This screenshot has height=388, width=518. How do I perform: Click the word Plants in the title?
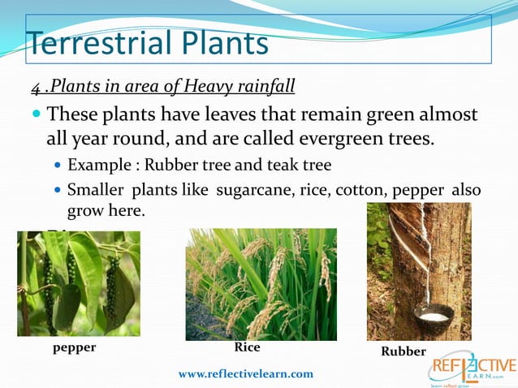[218, 42]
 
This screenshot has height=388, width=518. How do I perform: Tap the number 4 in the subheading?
[36, 87]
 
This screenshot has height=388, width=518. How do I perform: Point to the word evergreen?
[302, 138]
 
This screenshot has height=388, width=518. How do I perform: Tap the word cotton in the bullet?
[386, 189]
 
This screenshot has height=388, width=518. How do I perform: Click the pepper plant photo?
[78, 283]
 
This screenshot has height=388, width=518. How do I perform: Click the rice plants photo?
[261, 283]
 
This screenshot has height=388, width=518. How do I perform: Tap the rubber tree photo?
[418, 271]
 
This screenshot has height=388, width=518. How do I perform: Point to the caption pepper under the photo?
[75, 347]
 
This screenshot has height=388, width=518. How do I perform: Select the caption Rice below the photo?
[247, 347]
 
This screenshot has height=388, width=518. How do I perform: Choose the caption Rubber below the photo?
[404, 351]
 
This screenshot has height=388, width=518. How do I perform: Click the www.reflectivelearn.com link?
[245, 373]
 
